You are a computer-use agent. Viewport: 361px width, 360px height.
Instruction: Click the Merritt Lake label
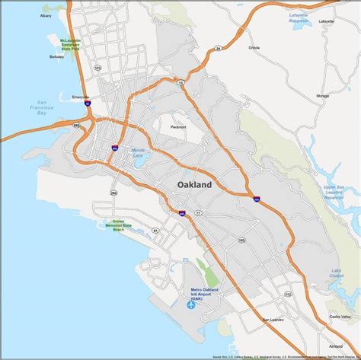click(x=138, y=152)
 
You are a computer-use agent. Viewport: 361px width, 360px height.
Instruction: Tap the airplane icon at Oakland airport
click(x=190, y=305)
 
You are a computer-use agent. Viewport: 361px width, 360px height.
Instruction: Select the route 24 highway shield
click(x=239, y=47)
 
